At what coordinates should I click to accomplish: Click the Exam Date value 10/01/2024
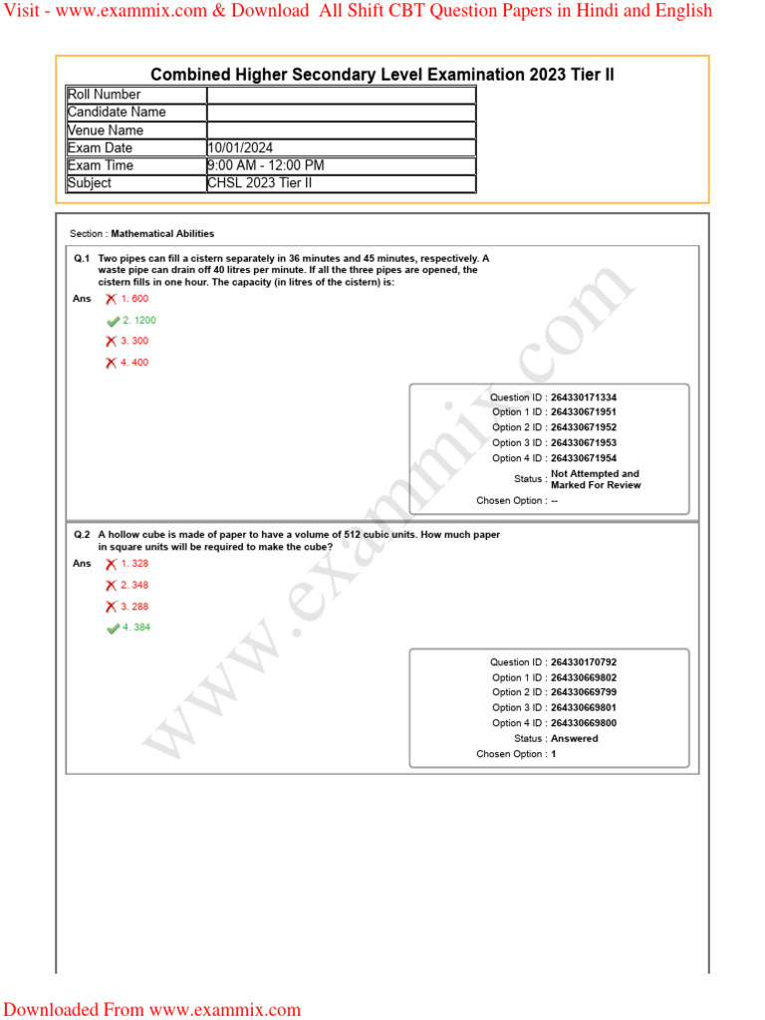pos(240,147)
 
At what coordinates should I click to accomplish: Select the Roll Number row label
pos(104,95)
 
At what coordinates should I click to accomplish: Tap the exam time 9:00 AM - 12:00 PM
pos(265,165)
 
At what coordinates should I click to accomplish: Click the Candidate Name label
pos(117,112)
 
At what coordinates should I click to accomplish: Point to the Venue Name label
pos(106,129)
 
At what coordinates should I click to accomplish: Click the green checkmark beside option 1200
pos(113,321)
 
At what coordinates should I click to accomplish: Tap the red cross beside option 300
pos(111,342)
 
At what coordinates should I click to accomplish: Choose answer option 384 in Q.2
pos(138,628)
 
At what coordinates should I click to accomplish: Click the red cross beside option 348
pos(111,586)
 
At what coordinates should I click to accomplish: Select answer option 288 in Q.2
pos(137,607)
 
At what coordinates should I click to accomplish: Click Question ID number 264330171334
pos(591,397)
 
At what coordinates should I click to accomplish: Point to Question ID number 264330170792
pos(591,662)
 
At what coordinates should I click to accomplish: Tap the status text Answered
pos(574,739)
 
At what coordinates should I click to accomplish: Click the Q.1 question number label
pos(82,258)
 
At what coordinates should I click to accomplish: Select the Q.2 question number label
pos(82,535)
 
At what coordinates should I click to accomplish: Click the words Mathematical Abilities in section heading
pos(162,234)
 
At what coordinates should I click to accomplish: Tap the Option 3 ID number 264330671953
pos(591,443)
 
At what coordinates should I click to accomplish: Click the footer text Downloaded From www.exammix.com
pos(151,1009)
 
